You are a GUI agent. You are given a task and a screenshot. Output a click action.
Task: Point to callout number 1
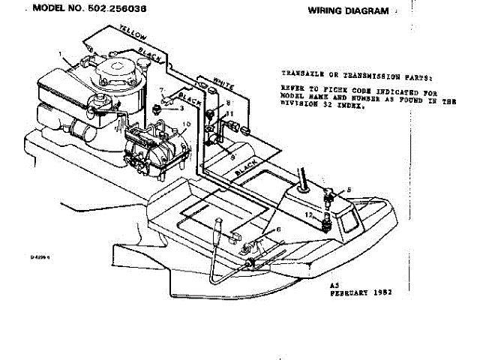coord(61,54)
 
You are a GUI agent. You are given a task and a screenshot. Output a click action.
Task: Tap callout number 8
coord(229,102)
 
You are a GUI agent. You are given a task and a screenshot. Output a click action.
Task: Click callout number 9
coord(232,157)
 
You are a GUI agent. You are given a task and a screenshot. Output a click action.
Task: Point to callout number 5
coord(348,190)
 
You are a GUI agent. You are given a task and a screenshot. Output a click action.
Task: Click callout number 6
coord(279,229)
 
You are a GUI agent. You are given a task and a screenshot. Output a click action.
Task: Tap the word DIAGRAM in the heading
coord(368,11)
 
